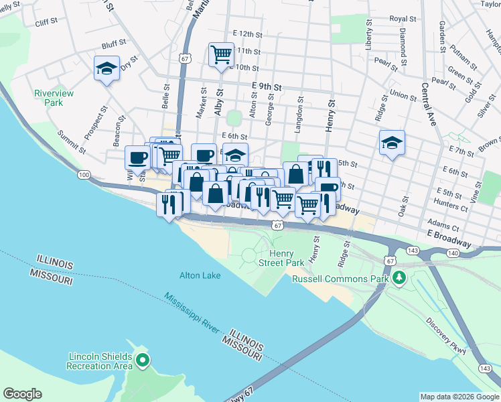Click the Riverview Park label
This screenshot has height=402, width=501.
tap(49, 98)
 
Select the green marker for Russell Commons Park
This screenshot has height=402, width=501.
tap(399, 277)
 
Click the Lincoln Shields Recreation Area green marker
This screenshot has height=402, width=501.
tap(142, 361)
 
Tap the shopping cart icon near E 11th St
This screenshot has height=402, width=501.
tap(221, 54)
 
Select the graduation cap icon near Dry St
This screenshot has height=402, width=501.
tap(106, 68)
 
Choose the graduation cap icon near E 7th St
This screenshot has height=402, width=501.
tap(392, 142)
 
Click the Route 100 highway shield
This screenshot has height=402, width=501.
tap(84, 175)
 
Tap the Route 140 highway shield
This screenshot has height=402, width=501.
tap(453, 253)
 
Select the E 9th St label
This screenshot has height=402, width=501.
tap(267, 86)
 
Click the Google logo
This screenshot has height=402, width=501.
tap(22, 394)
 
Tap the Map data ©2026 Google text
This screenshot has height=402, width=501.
tap(459, 397)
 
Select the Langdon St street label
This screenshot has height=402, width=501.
tap(299, 107)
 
